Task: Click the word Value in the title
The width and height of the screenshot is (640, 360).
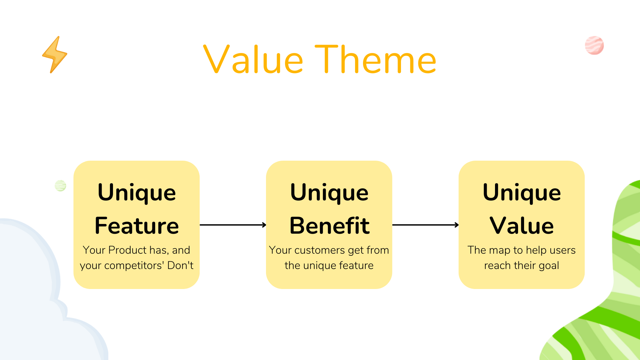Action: pos(253,60)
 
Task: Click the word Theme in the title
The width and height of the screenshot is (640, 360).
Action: pos(376,60)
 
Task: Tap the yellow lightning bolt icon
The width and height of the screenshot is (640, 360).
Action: pos(55,55)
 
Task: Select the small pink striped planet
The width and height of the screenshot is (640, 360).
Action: pos(594,45)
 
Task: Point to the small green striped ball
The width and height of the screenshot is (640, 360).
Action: pos(60,185)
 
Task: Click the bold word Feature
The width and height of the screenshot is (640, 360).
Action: pos(137,226)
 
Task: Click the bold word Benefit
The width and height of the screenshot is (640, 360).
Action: pos(329,226)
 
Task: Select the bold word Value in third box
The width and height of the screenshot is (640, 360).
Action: pos(522,226)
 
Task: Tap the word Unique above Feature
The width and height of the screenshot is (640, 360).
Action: pos(137,193)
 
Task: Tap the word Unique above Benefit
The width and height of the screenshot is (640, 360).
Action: pos(329,193)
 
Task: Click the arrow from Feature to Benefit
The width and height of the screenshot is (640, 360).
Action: pos(233,225)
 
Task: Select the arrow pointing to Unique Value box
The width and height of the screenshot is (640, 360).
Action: pos(425,225)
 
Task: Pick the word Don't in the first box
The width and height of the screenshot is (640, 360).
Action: pos(180,265)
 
